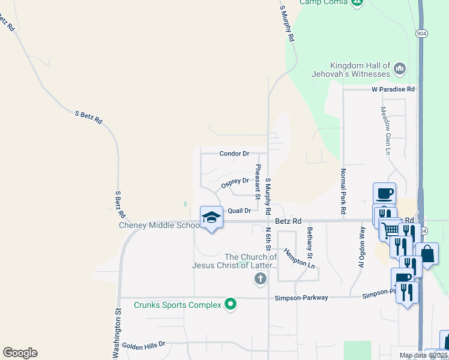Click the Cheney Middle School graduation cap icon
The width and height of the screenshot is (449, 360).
pyautogui.click(x=211, y=218)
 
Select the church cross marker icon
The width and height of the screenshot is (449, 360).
pyautogui.click(x=260, y=278)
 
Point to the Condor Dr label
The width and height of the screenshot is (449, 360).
pyautogui.click(x=234, y=154)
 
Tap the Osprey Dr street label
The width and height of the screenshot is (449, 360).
pyautogui.click(x=235, y=182)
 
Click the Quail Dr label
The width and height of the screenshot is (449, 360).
pyautogui.click(x=238, y=211)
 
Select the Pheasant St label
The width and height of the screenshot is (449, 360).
pyautogui.click(x=258, y=182)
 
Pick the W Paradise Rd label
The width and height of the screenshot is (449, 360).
pyautogui.click(x=393, y=89)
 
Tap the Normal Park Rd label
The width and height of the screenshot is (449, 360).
pyautogui.click(x=343, y=191)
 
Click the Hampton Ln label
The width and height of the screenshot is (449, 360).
pyautogui.click(x=300, y=259)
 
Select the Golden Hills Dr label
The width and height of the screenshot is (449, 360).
pyautogui.click(x=143, y=345)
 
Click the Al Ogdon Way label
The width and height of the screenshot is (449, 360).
pyautogui.click(x=362, y=247)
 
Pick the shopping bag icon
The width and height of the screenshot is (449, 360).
pyautogui.click(x=427, y=253)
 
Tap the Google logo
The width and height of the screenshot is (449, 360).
pyautogui.click(x=20, y=353)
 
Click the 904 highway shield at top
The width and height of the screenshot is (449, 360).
pyautogui.click(x=420, y=34)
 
